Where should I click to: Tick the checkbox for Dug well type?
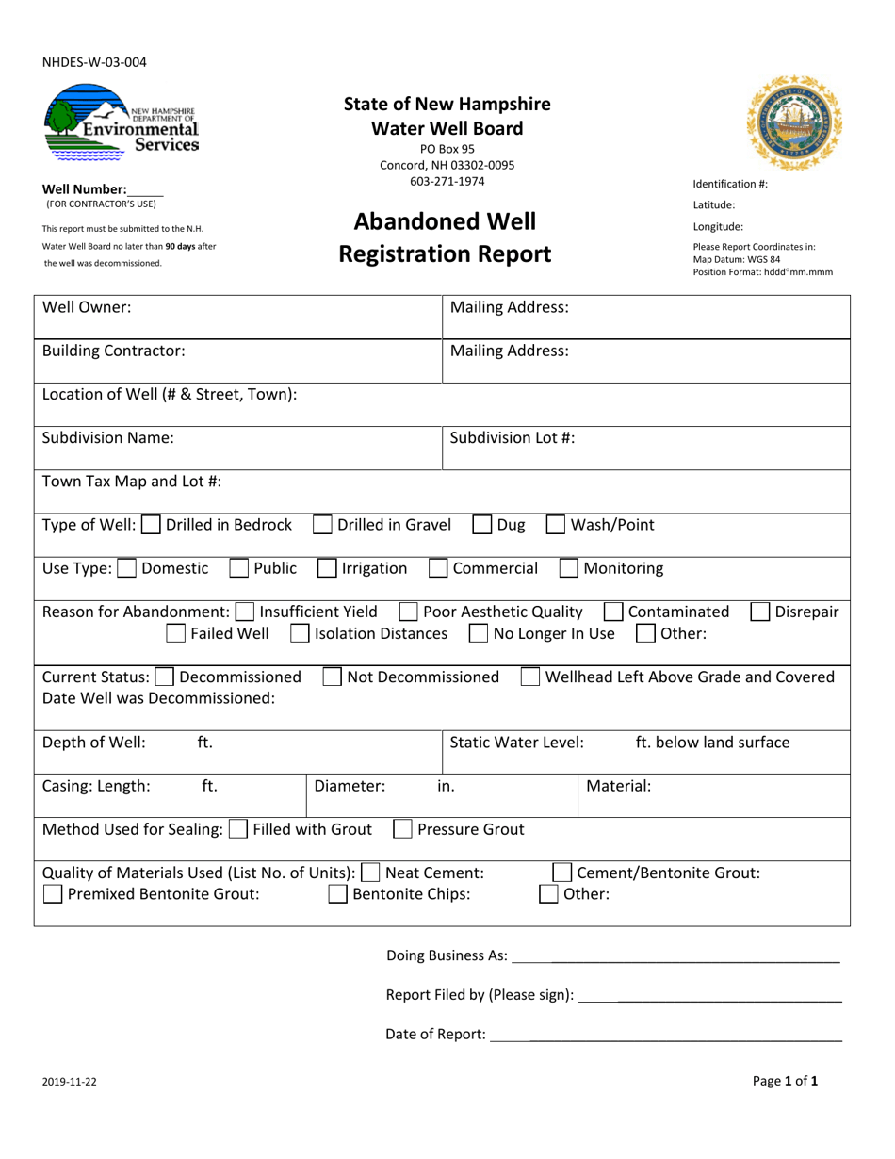coord(481,526)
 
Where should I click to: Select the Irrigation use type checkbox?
coord(327,569)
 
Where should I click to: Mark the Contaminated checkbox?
coord(612,612)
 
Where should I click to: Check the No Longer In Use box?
coord(479,634)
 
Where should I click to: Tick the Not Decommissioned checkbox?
coord(333,677)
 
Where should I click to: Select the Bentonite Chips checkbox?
coord(337,895)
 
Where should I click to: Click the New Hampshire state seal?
coord(794,123)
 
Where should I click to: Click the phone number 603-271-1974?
coord(447,181)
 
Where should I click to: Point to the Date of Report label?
coord(435,1036)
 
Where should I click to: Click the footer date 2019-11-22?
coord(69,1083)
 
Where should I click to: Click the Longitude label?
coord(719,226)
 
